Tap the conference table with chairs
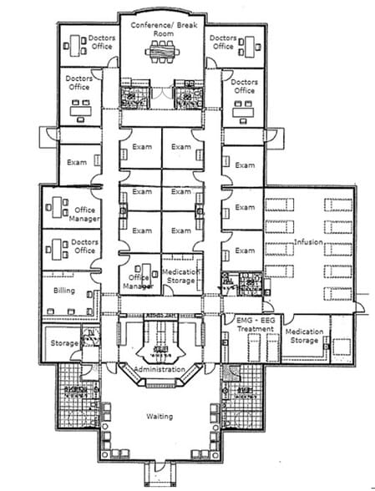coord(162,53)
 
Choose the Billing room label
coord(64,291)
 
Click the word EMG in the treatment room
coord(239,321)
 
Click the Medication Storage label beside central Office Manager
coord(179,276)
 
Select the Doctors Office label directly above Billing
coord(84,246)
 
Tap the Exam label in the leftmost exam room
coord(77,161)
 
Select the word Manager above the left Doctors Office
coord(87,219)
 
